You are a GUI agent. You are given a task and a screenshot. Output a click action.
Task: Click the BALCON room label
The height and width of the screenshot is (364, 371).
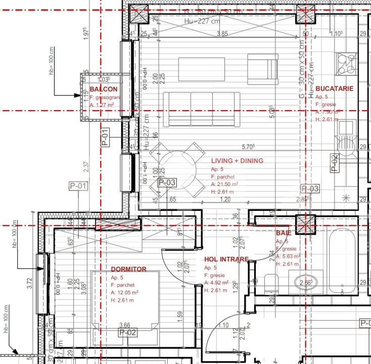click(104, 89)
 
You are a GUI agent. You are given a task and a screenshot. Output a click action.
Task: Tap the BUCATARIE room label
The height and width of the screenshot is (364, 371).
click(334, 88)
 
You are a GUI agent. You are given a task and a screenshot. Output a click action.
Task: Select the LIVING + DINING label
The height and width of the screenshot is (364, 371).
click(237, 161)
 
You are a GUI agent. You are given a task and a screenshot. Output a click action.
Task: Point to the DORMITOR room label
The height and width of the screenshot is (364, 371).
click(129, 269)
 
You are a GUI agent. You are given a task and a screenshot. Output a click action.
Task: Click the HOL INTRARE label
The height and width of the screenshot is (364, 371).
click(226, 259)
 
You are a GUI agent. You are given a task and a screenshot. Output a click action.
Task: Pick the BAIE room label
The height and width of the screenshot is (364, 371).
click(283, 233)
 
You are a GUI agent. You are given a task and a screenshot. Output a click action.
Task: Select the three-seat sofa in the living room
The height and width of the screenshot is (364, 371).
click(202, 109)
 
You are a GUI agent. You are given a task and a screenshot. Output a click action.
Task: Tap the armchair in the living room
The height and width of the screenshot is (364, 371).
click(263, 69)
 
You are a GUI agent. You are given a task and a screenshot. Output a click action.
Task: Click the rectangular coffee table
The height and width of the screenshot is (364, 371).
click(202, 69)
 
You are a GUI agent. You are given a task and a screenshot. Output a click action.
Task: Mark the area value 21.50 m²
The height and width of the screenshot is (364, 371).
click(225, 185)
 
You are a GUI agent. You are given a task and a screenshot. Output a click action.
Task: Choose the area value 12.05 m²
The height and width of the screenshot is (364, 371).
click(125, 292)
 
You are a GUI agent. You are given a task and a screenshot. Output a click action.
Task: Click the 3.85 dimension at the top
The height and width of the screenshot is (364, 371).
click(222, 34)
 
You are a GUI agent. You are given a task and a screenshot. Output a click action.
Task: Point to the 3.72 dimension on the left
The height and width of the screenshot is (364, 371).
click(30, 283)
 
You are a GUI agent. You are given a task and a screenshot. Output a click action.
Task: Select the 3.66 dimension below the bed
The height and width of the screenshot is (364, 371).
click(124, 325)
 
